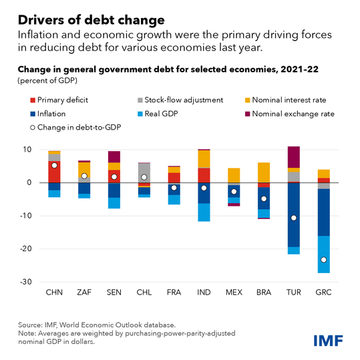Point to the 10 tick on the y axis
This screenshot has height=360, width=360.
[x=27, y=150]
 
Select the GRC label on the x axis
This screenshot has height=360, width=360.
[x=323, y=293]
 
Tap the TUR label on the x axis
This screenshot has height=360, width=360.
[x=293, y=293]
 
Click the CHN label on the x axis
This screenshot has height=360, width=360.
[x=54, y=293]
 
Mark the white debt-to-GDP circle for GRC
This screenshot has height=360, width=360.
[x=324, y=260]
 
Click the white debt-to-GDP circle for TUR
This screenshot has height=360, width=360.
[x=294, y=218]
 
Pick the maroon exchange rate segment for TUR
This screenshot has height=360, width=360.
[x=294, y=156]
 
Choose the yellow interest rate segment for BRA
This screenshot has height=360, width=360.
[x=264, y=172]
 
